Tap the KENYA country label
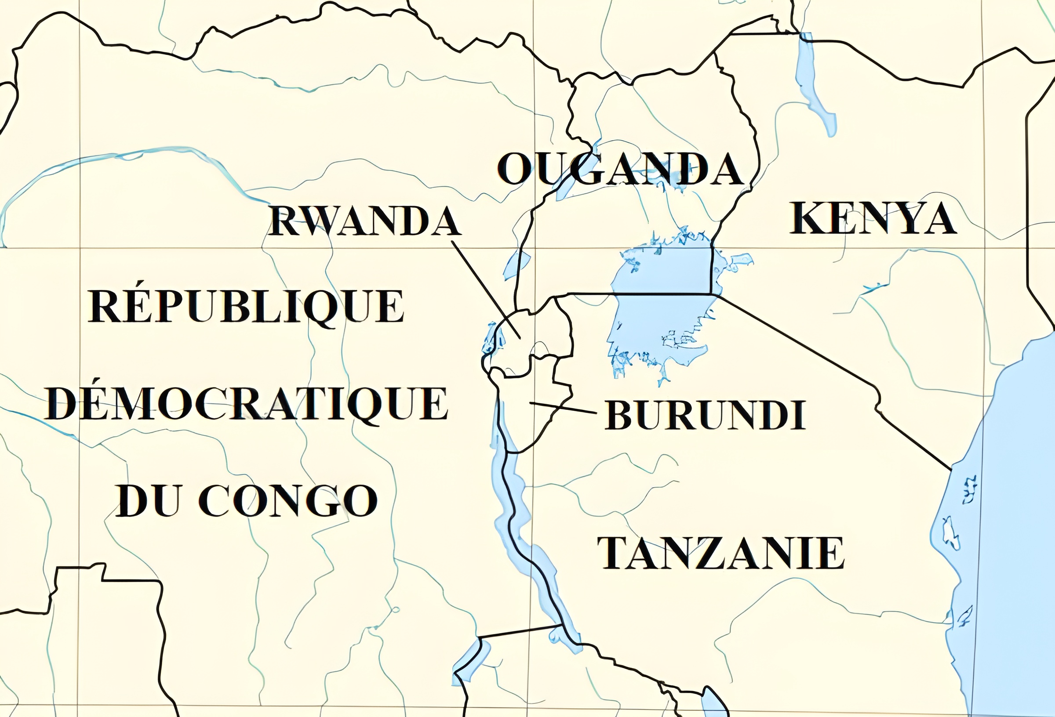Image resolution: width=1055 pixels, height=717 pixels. click(873, 219)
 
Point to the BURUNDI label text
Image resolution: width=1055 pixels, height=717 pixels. click(705, 415)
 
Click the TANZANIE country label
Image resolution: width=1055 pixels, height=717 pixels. click(720, 553)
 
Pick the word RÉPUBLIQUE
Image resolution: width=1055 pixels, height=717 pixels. click(245, 307)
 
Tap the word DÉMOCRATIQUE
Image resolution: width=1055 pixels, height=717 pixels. click(247, 404)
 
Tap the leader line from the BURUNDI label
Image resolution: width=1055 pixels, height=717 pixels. click(563, 408)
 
